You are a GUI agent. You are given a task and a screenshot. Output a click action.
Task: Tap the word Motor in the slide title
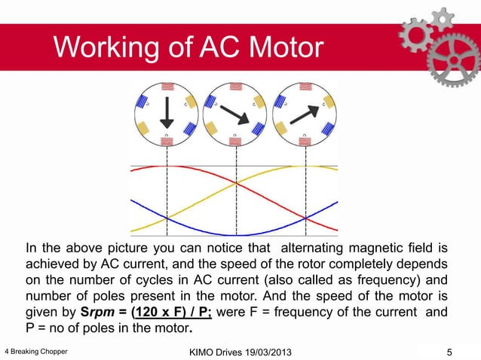279,50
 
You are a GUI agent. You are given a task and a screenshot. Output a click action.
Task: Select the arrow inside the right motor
304,113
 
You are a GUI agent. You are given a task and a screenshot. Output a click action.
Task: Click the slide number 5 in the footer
449,351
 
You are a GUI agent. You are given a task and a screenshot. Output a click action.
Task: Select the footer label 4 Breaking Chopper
35,351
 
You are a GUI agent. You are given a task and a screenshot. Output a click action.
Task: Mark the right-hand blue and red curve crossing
305,218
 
